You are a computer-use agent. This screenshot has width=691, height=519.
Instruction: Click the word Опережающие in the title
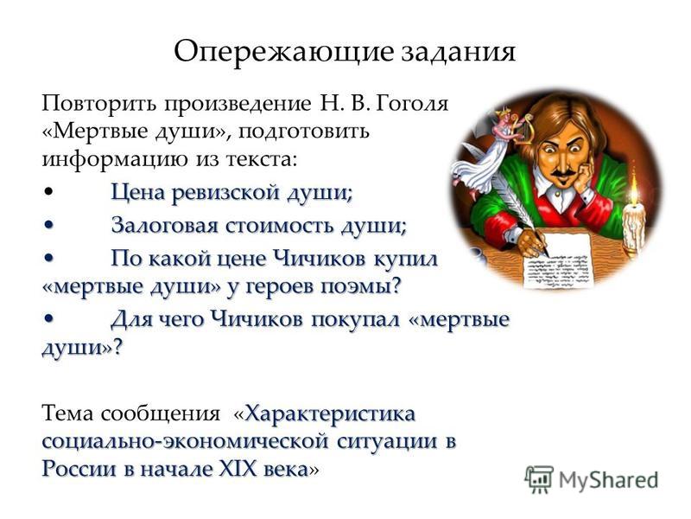(283, 53)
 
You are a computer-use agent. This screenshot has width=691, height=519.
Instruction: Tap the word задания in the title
(459, 53)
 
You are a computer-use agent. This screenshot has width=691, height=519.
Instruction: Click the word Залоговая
(164, 225)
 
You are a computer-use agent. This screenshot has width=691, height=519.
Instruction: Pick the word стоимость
(282, 225)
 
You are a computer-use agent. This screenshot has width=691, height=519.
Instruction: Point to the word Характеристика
(330, 414)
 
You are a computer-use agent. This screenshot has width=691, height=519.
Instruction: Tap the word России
(79, 469)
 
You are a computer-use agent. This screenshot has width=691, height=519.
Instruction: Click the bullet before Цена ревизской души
(49, 192)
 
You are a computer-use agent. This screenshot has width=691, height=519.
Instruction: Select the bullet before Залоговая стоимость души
(49, 226)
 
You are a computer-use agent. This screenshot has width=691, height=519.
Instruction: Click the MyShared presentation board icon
(539, 479)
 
